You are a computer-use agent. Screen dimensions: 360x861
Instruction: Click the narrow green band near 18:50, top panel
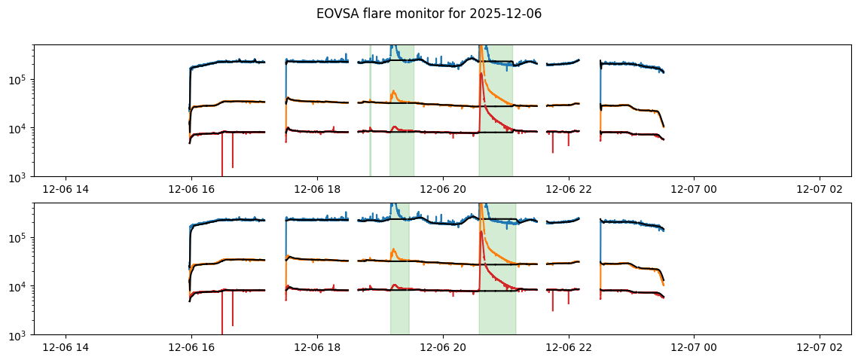pos(370,113)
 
